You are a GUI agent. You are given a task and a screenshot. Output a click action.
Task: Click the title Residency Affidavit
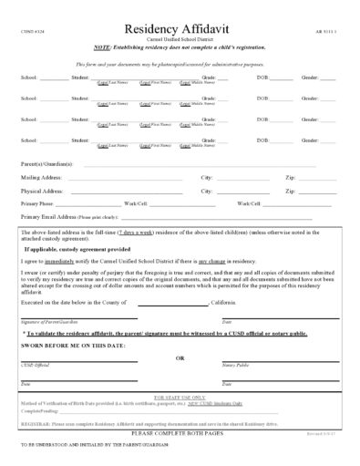(180, 29)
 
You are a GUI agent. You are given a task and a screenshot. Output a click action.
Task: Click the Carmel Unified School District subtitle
(180, 40)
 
